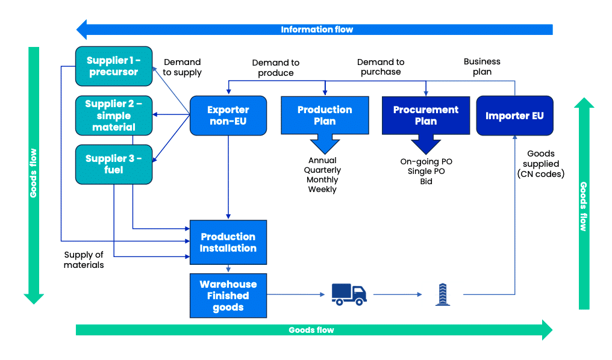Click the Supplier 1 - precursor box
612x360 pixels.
[113, 66]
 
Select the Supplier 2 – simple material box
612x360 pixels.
[113, 115]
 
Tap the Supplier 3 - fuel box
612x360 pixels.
[113, 164]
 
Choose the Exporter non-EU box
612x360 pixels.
[228, 115]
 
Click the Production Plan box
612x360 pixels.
[325, 115]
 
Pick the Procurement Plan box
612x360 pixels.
[426, 115]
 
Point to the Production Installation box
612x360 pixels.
[228, 242]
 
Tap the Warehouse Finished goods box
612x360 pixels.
[228, 296]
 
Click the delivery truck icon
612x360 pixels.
[349, 294]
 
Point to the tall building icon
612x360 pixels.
[443, 294]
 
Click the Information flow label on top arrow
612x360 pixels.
[317, 29]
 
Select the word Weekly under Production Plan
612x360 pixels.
[322, 190]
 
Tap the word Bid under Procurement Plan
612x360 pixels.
[426, 181]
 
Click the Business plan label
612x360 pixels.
[482, 66]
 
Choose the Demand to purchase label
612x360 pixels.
[381, 67]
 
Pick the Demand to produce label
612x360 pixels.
[275, 67]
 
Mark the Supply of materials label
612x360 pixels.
[84, 259]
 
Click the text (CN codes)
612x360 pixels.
[541, 174]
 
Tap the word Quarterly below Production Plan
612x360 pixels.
[322, 170]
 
